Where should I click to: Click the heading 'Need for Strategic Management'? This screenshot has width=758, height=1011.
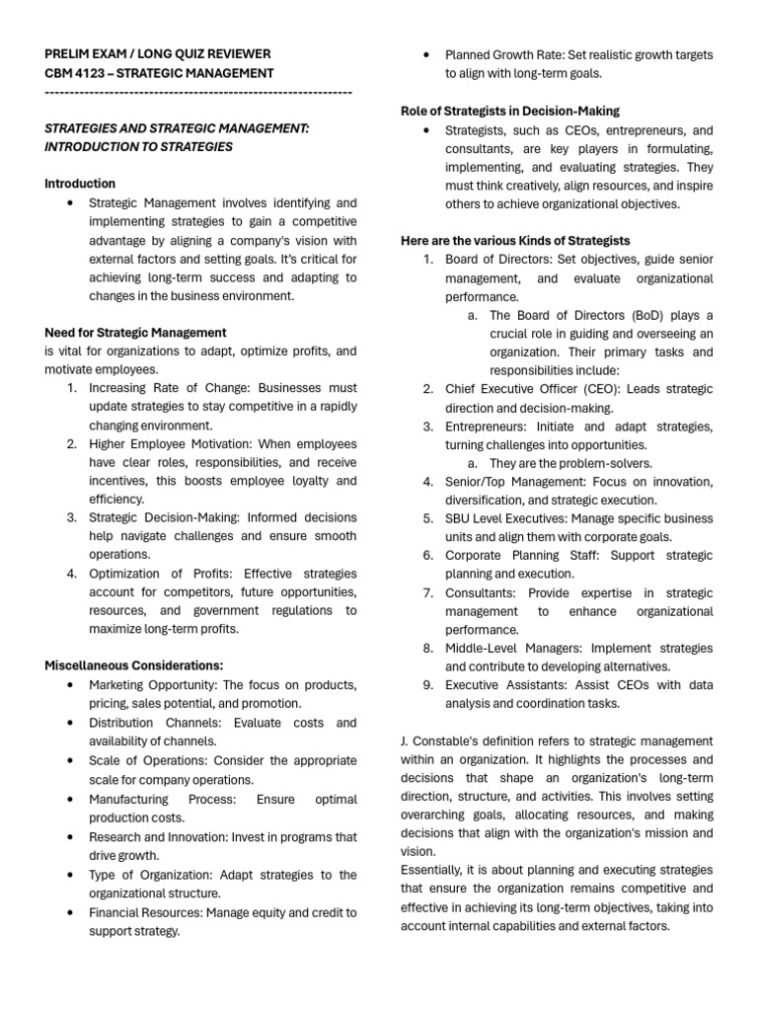tap(135, 333)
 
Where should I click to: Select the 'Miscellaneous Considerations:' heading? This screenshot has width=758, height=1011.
tap(133, 665)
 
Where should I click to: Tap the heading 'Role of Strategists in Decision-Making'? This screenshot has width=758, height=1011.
tap(510, 111)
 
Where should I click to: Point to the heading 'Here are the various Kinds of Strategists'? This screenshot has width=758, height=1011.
tap(515, 241)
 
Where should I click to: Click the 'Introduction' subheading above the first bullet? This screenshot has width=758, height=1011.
tap(80, 184)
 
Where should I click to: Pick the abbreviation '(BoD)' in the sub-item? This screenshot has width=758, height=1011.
tap(648, 315)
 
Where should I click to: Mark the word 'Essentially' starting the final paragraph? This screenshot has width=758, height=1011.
tap(432, 870)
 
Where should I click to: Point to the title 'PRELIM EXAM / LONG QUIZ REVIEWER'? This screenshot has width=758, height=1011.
tap(158, 54)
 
